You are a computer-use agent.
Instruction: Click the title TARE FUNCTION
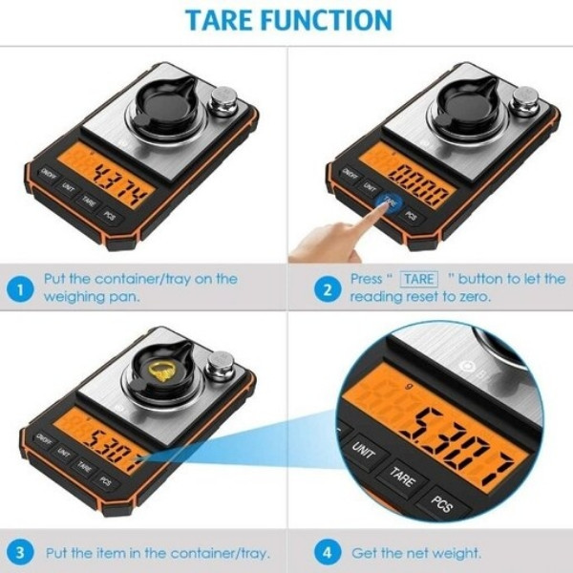click(287, 20)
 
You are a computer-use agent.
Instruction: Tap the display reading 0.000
click(420, 179)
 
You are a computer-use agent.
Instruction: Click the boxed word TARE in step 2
click(418, 279)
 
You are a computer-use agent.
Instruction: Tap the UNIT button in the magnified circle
click(364, 448)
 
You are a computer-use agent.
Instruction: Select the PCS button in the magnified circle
click(441, 503)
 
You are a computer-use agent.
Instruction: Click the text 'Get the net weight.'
click(416, 552)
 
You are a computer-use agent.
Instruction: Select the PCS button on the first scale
click(111, 215)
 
